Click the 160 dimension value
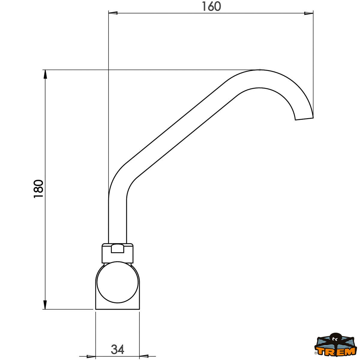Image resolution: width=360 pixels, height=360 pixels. pyautogui.click(x=211, y=7)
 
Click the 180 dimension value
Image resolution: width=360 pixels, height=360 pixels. pyautogui.click(x=39, y=189)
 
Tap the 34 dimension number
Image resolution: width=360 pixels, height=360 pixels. pyautogui.click(x=117, y=349)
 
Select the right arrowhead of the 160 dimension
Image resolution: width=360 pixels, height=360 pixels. pyautogui.click(x=308, y=13)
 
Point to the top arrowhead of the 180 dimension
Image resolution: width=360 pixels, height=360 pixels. pyautogui.click(x=45, y=74)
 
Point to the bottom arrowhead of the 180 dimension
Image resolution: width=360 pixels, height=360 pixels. pyautogui.click(x=45, y=304)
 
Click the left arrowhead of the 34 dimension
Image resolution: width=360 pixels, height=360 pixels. pyautogui.click(x=91, y=356)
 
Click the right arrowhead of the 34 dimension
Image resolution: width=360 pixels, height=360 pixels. pyautogui.click(x=144, y=356)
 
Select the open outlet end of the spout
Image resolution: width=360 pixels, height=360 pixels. pyautogui.click(x=304, y=118)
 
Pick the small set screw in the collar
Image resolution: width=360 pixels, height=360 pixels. pyautogui.click(x=117, y=249)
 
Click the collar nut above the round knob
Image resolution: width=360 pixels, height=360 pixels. pyautogui.click(x=118, y=253)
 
